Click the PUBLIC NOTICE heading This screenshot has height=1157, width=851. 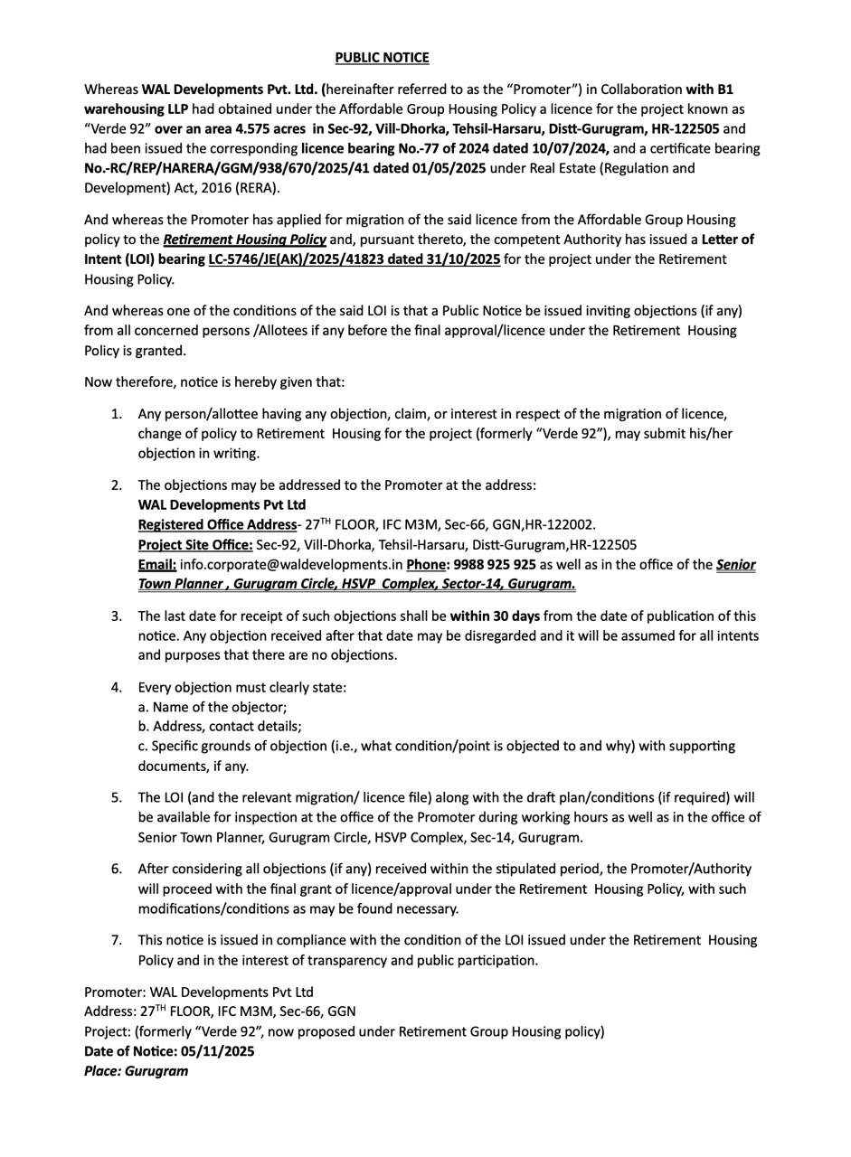tap(382, 58)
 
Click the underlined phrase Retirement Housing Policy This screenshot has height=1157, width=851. tap(244, 240)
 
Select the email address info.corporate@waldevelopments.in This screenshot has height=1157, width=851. tap(291, 565)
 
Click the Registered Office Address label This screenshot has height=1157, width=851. tap(217, 525)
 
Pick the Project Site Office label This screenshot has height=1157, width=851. tap(195, 545)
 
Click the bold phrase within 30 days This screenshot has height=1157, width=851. tap(495, 616)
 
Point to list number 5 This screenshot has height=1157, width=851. tap(117, 798)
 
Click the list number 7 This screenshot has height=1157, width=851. tap(117, 941)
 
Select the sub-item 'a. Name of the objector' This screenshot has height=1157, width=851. tap(213, 707)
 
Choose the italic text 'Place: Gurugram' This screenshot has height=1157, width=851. tap(137, 1071)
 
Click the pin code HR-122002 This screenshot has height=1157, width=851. tap(561, 525)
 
